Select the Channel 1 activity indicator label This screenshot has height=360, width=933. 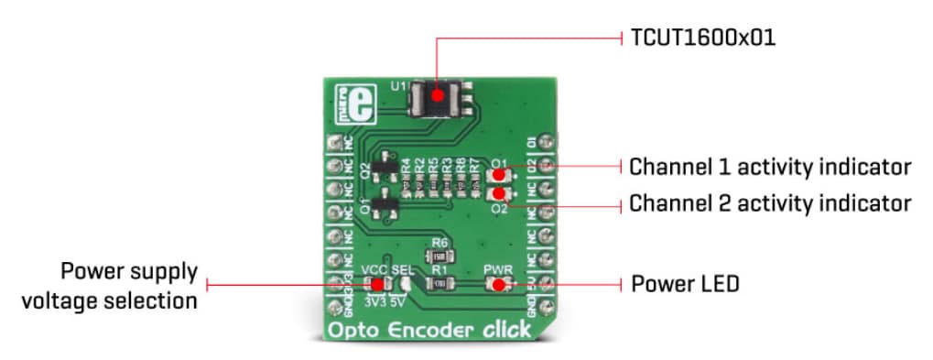click(x=770, y=167)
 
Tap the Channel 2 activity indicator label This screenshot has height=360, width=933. click(x=770, y=202)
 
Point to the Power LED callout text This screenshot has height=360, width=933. click(x=685, y=284)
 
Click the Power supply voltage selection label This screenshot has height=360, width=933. click(x=128, y=286)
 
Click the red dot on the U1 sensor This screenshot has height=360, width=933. click(x=438, y=94)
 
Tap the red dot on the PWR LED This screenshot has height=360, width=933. click(x=497, y=285)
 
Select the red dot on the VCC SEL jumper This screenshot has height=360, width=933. click(x=377, y=285)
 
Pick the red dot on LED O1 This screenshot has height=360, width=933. click(x=497, y=176)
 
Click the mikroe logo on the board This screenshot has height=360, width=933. click(x=343, y=104)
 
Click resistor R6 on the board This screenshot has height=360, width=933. click(x=439, y=256)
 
